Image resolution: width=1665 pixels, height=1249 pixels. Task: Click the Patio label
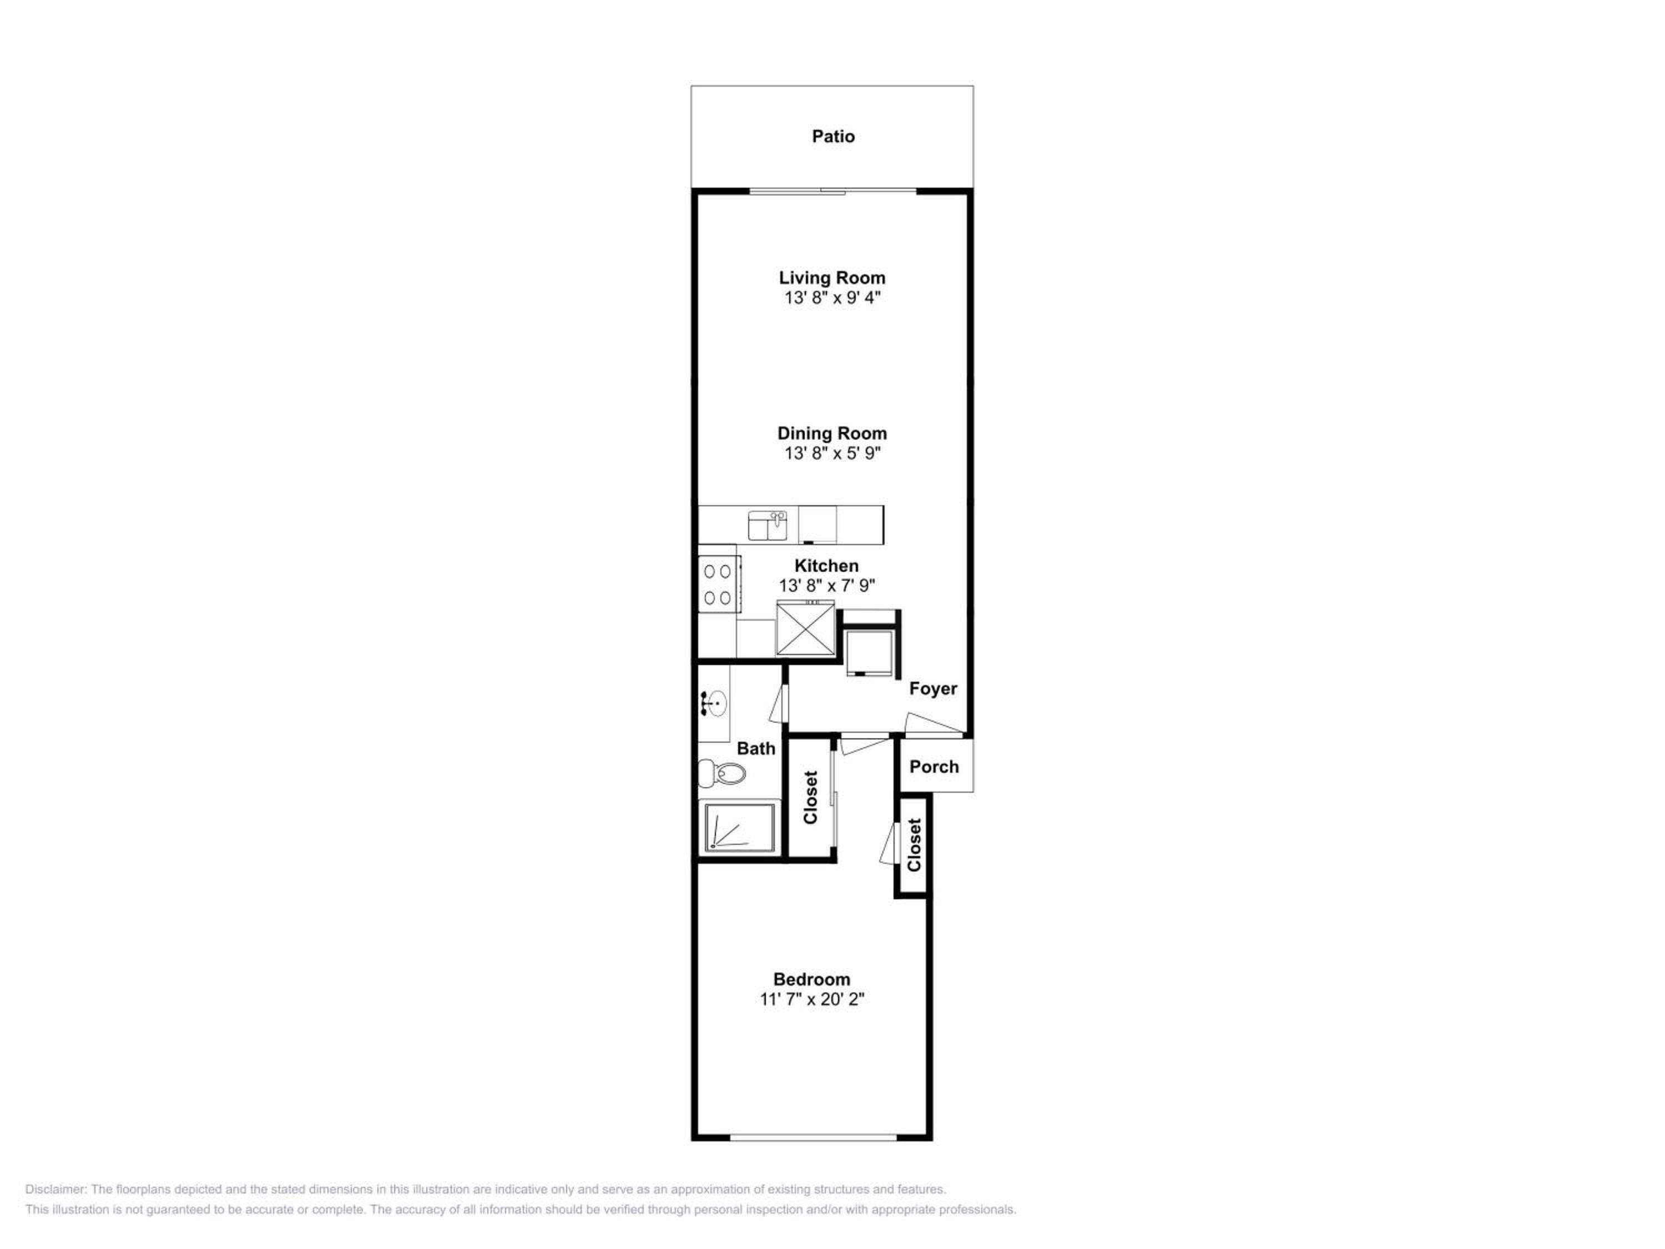tap(833, 136)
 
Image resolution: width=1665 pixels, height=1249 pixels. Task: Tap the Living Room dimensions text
tap(832, 298)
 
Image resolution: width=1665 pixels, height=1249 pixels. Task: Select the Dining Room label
tap(832, 433)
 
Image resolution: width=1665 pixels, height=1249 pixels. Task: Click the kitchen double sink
tap(767, 525)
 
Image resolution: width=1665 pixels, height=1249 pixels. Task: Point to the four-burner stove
tap(719, 583)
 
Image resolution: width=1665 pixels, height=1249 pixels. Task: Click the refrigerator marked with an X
tap(805, 628)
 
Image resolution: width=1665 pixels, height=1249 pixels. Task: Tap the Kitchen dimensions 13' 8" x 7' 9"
tap(826, 585)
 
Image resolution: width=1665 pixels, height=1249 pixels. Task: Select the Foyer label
tap(932, 688)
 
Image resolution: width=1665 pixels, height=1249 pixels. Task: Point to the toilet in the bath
tap(722, 773)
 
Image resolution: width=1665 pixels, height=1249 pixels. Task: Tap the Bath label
tap(756, 748)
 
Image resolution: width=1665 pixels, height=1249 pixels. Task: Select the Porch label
tap(934, 767)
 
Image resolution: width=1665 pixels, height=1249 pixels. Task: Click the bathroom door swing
tap(778, 704)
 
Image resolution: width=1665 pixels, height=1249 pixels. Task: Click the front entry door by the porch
tap(934, 724)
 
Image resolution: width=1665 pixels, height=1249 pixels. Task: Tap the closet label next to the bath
tap(810, 797)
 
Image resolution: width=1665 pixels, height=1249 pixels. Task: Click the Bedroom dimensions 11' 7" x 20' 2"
tap(811, 999)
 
